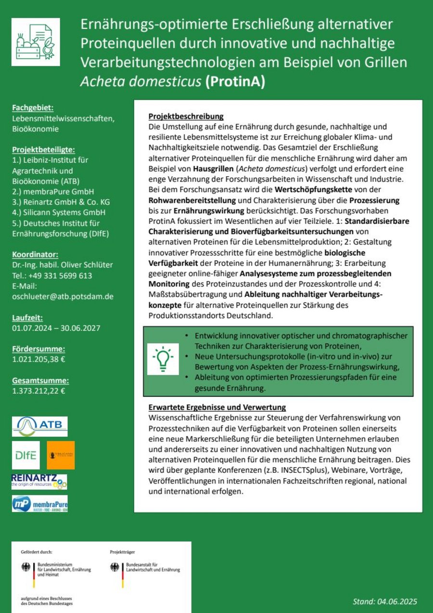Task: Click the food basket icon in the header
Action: [36, 42]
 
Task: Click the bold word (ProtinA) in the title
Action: [234, 81]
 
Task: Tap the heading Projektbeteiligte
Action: [44, 149]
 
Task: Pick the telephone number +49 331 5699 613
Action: [52, 275]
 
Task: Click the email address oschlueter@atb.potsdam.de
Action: [63, 297]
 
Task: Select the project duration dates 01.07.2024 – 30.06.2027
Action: [56, 328]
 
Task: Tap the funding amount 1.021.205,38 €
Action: [38, 359]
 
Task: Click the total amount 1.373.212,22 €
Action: [38, 391]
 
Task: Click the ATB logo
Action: [40, 426]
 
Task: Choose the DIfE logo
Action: [26, 455]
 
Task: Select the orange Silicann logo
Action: [61, 455]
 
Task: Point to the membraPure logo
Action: [39, 504]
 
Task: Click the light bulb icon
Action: [163, 359]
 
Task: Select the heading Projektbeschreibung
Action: [186, 117]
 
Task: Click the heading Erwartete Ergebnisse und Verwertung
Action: [217, 407]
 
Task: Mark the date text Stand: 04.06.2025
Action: [384, 601]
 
